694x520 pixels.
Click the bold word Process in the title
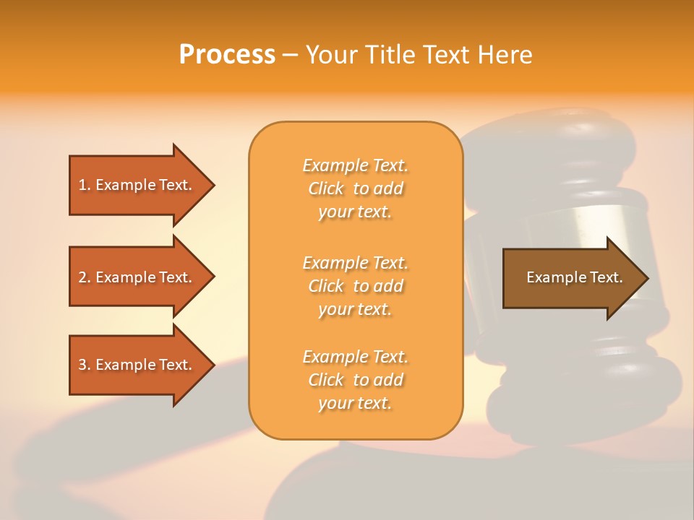(x=227, y=55)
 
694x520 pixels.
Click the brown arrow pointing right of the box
(x=571, y=278)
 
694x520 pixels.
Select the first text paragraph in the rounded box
(x=355, y=188)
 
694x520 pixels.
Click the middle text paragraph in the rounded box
(x=355, y=286)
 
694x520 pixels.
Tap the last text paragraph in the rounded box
(x=355, y=380)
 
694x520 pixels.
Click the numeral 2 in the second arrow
(x=82, y=277)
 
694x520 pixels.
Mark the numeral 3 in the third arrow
(x=82, y=365)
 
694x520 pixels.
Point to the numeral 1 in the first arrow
(x=82, y=185)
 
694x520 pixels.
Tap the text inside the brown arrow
(x=574, y=277)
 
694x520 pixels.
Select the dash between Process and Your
(x=290, y=56)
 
